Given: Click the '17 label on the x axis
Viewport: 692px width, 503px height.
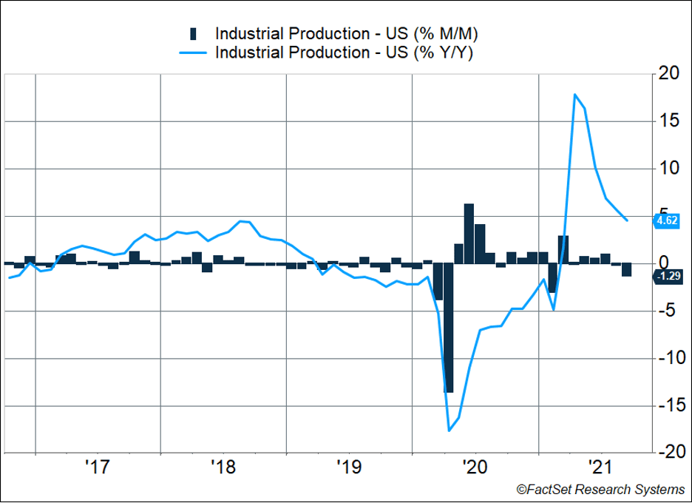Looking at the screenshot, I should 97,467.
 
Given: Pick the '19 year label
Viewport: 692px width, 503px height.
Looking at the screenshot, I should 347,467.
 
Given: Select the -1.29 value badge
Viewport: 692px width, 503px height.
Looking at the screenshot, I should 668,276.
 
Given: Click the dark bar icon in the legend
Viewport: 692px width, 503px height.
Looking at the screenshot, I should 194,33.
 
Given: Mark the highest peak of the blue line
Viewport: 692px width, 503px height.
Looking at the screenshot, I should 574,95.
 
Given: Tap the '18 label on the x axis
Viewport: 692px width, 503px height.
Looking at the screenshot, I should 222,467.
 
